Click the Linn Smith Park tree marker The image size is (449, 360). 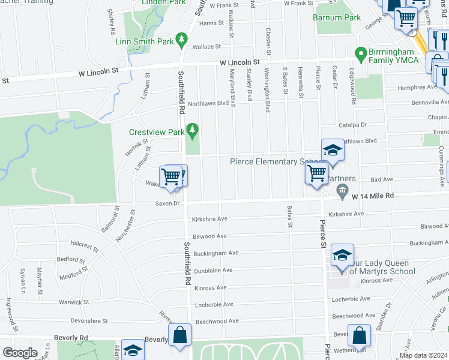(x=180, y=41)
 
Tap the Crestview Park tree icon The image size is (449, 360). (x=192, y=129)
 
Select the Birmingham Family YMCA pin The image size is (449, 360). (x=360, y=55)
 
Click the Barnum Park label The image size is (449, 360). (x=337, y=17)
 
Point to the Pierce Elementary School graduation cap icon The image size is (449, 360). (x=332, y=151)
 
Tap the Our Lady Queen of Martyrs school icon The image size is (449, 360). (x=342, y=256)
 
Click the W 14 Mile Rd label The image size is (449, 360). (x=372, y=196)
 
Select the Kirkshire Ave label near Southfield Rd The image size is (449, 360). (x=209, y=220)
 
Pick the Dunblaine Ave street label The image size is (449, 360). (x=214, y=271)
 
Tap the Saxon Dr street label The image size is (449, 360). (x=167, y=204)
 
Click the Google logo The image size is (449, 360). (x=20, y=353)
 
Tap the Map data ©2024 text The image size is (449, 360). (x=423, y=355)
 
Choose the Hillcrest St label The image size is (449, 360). (x=84, y=245)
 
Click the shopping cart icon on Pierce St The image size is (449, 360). (x=316, y=174)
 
